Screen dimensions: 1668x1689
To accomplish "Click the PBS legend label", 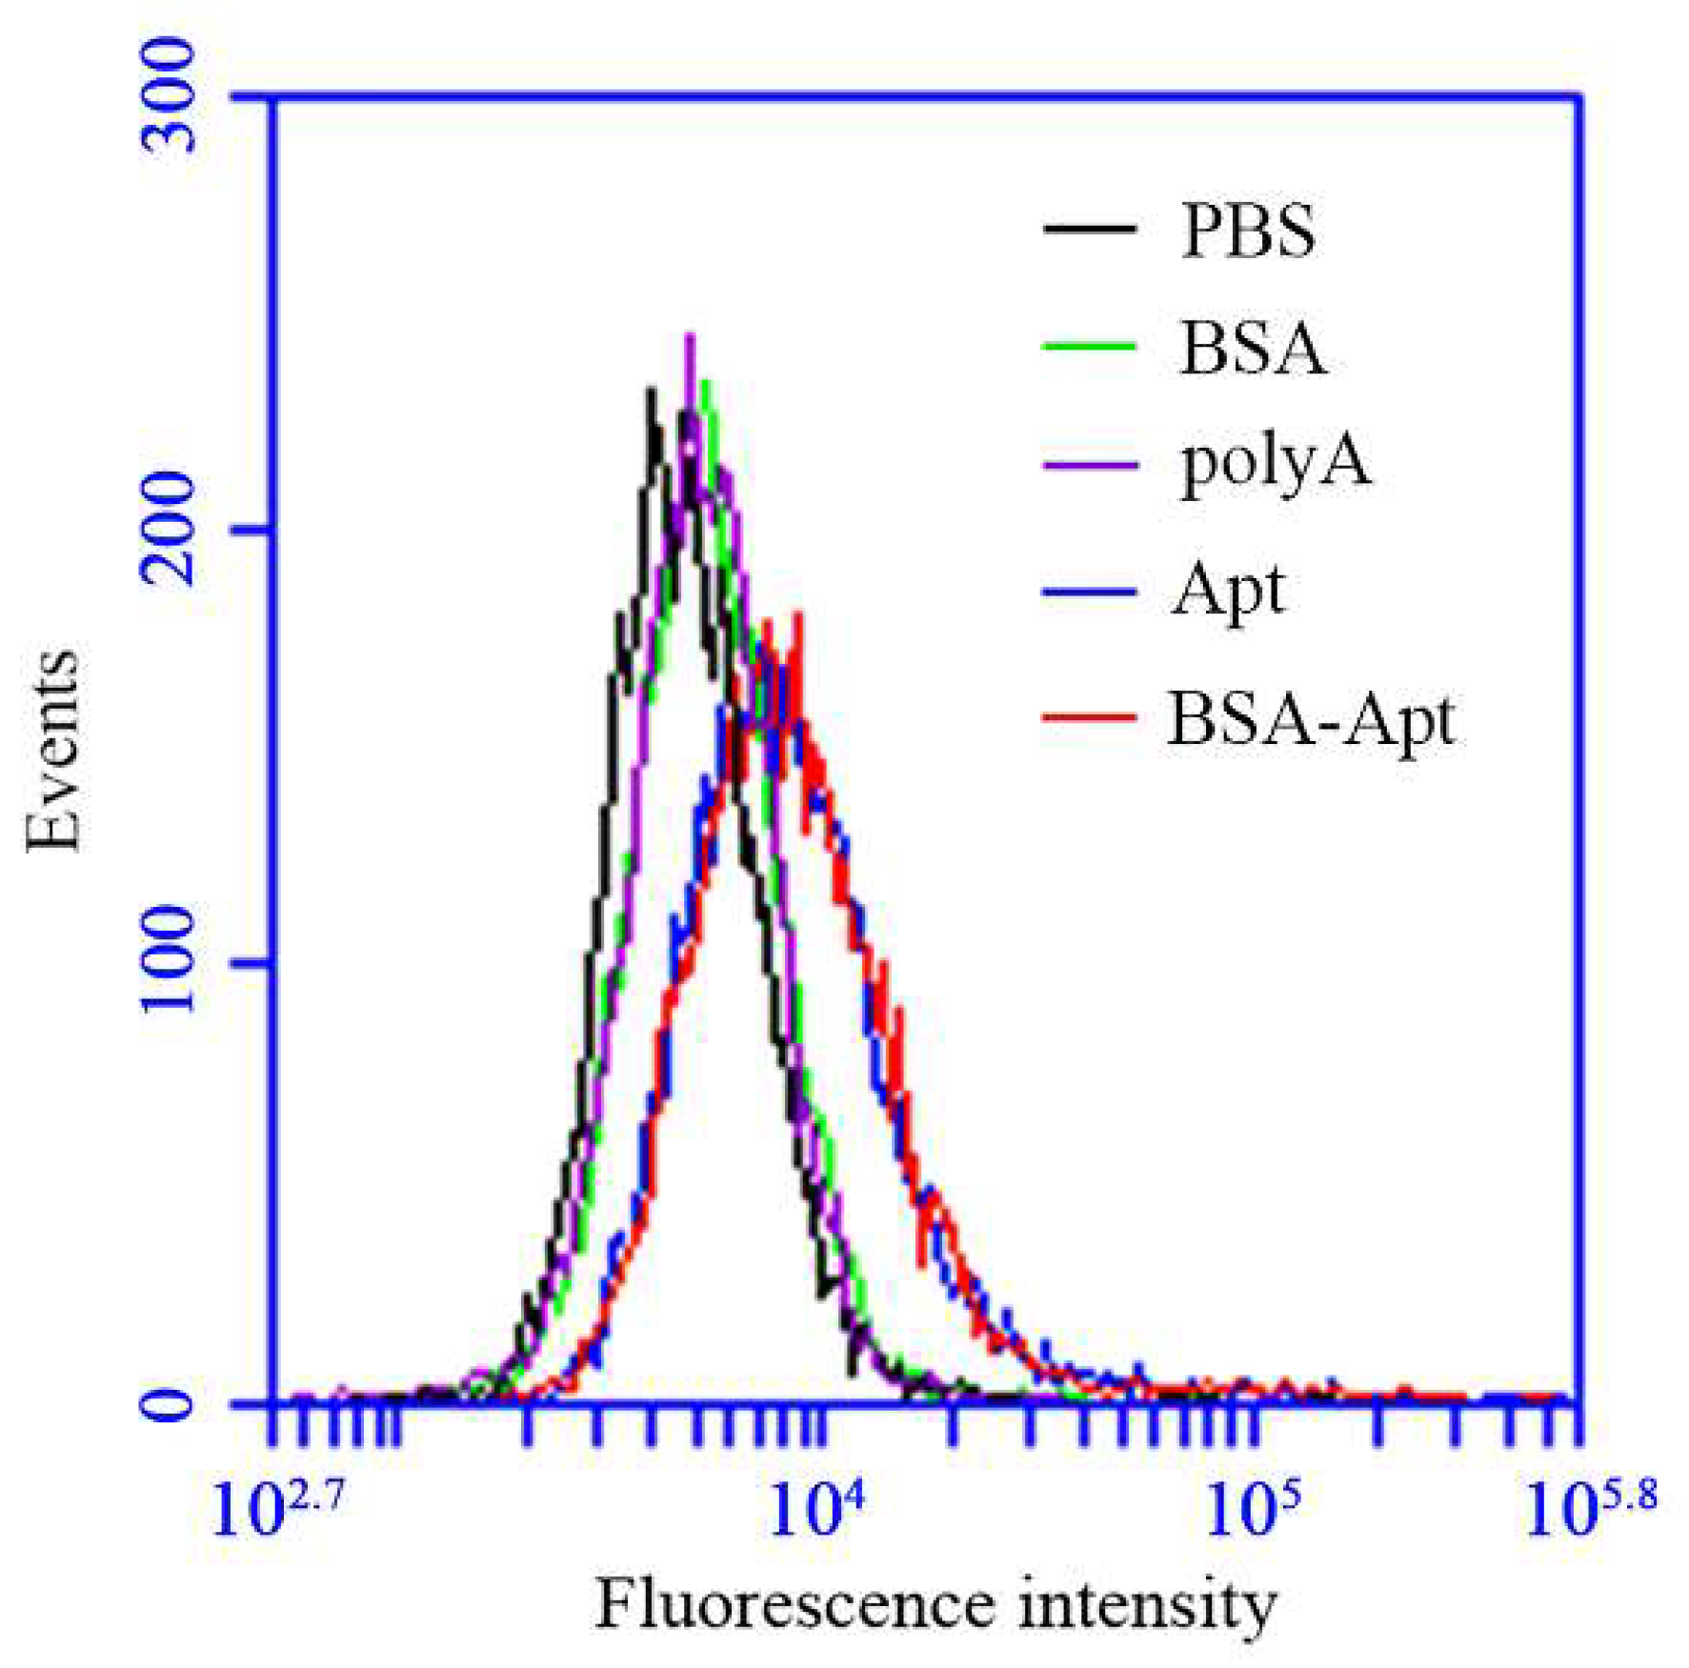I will coord(1247,231).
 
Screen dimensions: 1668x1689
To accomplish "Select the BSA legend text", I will coord(1252,349).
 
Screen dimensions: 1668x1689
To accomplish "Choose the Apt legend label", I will coord(1228,591).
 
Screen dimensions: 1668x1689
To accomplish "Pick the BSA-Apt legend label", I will coord(1311,720).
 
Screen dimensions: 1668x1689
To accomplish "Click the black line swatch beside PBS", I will coord(1090,229).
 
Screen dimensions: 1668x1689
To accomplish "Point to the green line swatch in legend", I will coord(1090,347).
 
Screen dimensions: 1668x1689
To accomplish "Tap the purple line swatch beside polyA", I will coord(1090,465).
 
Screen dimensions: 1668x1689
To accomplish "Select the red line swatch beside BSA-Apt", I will coord(1090,715).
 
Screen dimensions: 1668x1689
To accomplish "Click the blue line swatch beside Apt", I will coord(1090,592).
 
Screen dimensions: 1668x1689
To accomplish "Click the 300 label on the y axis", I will coord(169,95).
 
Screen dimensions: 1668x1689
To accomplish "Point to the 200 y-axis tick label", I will coord(169,529).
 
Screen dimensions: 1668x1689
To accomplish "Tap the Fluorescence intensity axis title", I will coord(935,1607).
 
